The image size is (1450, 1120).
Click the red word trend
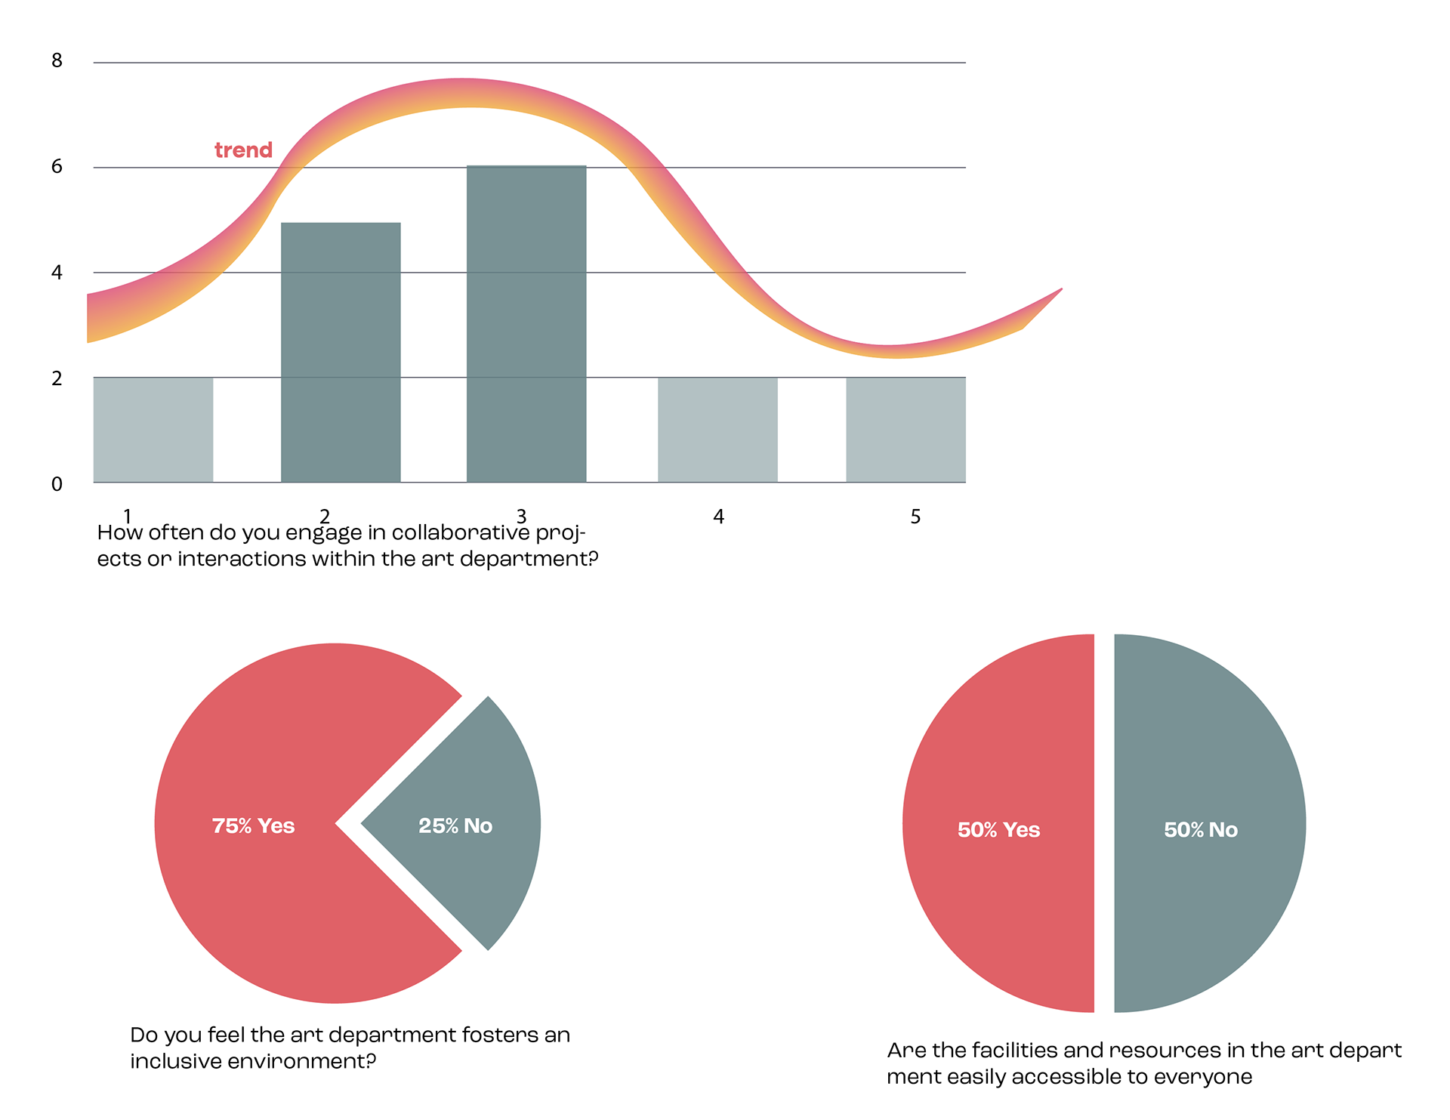point(243,150)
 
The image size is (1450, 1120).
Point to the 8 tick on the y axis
point(57,60)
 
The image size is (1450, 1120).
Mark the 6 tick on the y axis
point(57,166)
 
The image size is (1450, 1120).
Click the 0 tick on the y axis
point(57,484)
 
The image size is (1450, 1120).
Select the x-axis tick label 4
point(718,517)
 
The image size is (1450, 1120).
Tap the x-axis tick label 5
point(915,517)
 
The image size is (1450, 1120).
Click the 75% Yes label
point(253,825)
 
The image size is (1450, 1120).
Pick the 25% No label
point(455,825)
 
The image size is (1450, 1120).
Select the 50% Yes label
point(998,830)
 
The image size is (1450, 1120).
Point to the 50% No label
point(1201,830)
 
